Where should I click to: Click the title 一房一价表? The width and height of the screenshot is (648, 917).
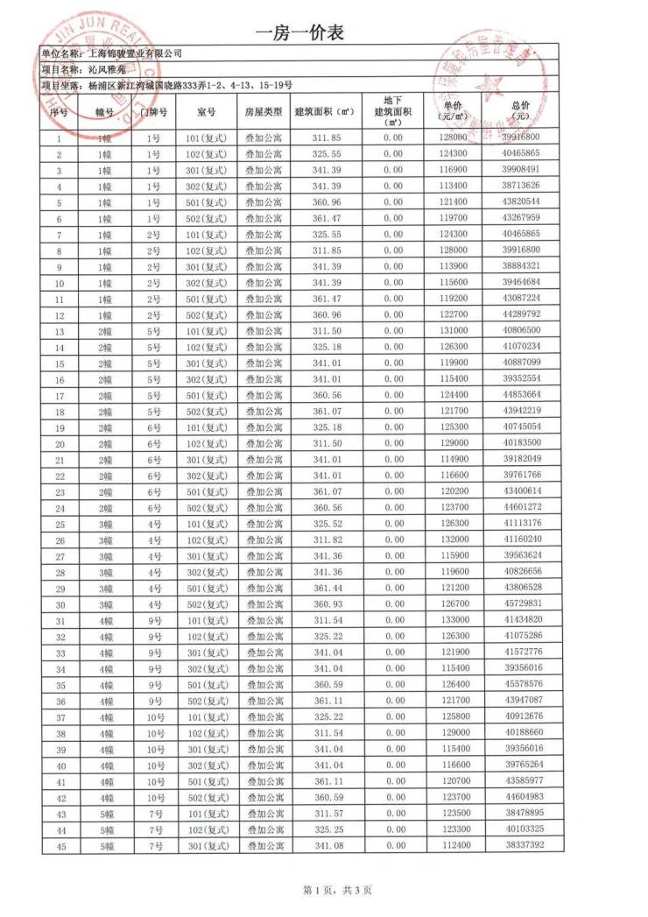[299, 33]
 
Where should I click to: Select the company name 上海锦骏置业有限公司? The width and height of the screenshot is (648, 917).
[136, 53]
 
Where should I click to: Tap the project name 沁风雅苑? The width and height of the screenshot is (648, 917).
[107, 69]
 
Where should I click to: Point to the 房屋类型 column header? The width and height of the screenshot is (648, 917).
[263, 112]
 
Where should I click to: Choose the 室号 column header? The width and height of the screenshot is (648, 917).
[207, 112]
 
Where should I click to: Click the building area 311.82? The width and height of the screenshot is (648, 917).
[325, 539]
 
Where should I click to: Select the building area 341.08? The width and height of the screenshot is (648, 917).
[325, 845]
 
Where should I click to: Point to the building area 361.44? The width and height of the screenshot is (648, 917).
[325, 587]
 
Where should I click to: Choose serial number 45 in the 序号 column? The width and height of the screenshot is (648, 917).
[59, 845]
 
